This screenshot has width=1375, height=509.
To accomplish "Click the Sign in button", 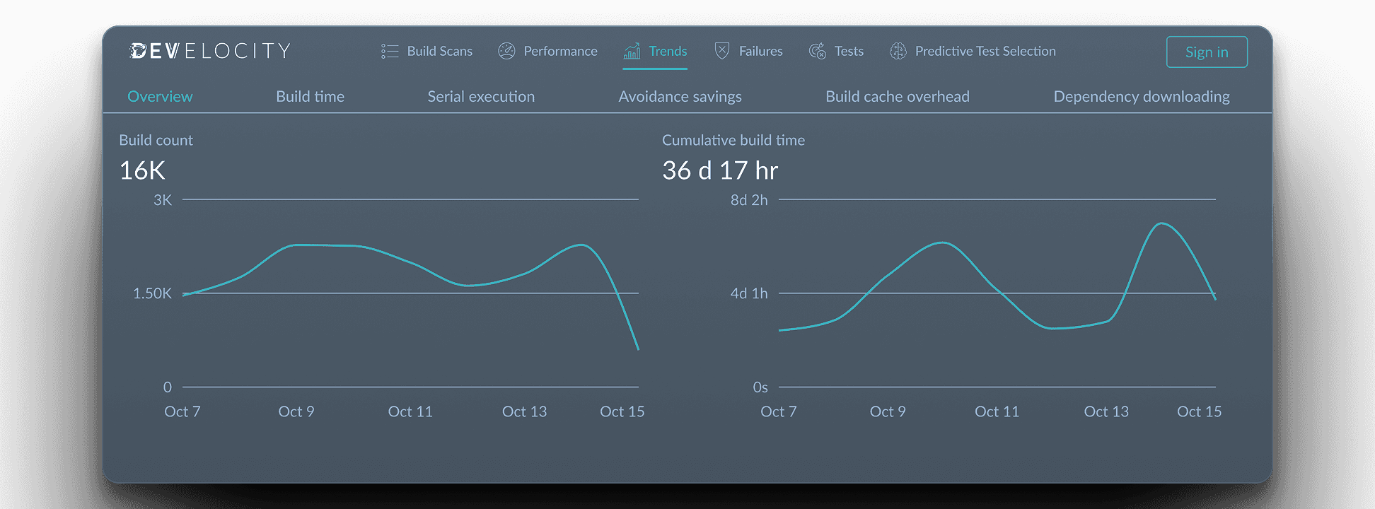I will [x=1206, y=52].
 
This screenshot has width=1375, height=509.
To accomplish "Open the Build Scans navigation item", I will [x=427, y=51].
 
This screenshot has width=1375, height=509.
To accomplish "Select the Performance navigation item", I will [x=547, y=51].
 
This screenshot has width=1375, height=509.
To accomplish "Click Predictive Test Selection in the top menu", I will [x=973, y=51].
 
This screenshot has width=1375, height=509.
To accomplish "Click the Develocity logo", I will [x=210, y=51].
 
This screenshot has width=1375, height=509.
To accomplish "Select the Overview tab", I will [x=160, y=96].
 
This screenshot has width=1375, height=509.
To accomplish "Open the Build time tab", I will [x=310, y=96].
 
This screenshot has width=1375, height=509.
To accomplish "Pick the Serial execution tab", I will [x=481, y=96].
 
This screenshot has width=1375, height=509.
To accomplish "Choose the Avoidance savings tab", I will [x=680, y=96].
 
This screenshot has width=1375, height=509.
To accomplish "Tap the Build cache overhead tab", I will [x=897, y=96].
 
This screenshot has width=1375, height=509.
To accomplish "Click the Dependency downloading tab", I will [x=1141, y=96].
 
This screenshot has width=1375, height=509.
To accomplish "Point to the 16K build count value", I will [x=142, y=170].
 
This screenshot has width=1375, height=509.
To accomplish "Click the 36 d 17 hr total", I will [x=719, y=170].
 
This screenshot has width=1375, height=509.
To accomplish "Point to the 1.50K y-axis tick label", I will [x=152, y=293].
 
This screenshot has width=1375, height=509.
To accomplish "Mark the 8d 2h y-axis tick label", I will [x=748, y=200].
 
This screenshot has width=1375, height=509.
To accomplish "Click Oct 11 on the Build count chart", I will [x=410, y=411].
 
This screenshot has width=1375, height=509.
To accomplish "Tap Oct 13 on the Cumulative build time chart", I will [x=1106, y=411].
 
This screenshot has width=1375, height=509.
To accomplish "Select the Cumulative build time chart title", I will [x=733, y=140].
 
